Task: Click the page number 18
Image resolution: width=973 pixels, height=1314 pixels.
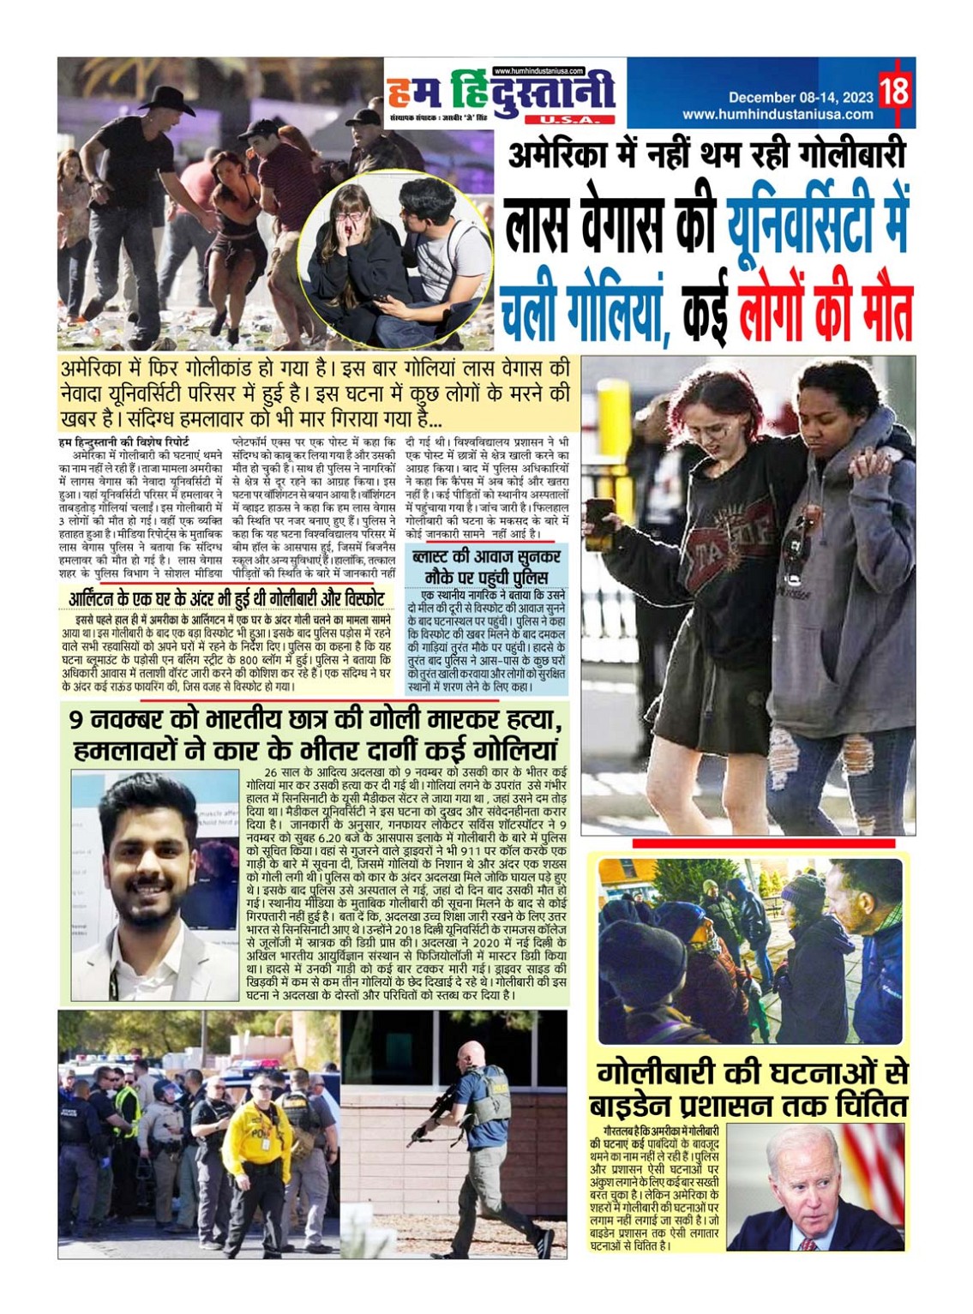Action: tap(893, 89)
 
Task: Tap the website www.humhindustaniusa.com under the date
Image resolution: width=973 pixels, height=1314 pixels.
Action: tap(778, 114)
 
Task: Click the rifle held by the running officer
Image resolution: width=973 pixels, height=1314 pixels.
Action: tap(434, 1115)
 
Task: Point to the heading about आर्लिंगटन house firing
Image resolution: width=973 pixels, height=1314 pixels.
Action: tap(226, 598)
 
